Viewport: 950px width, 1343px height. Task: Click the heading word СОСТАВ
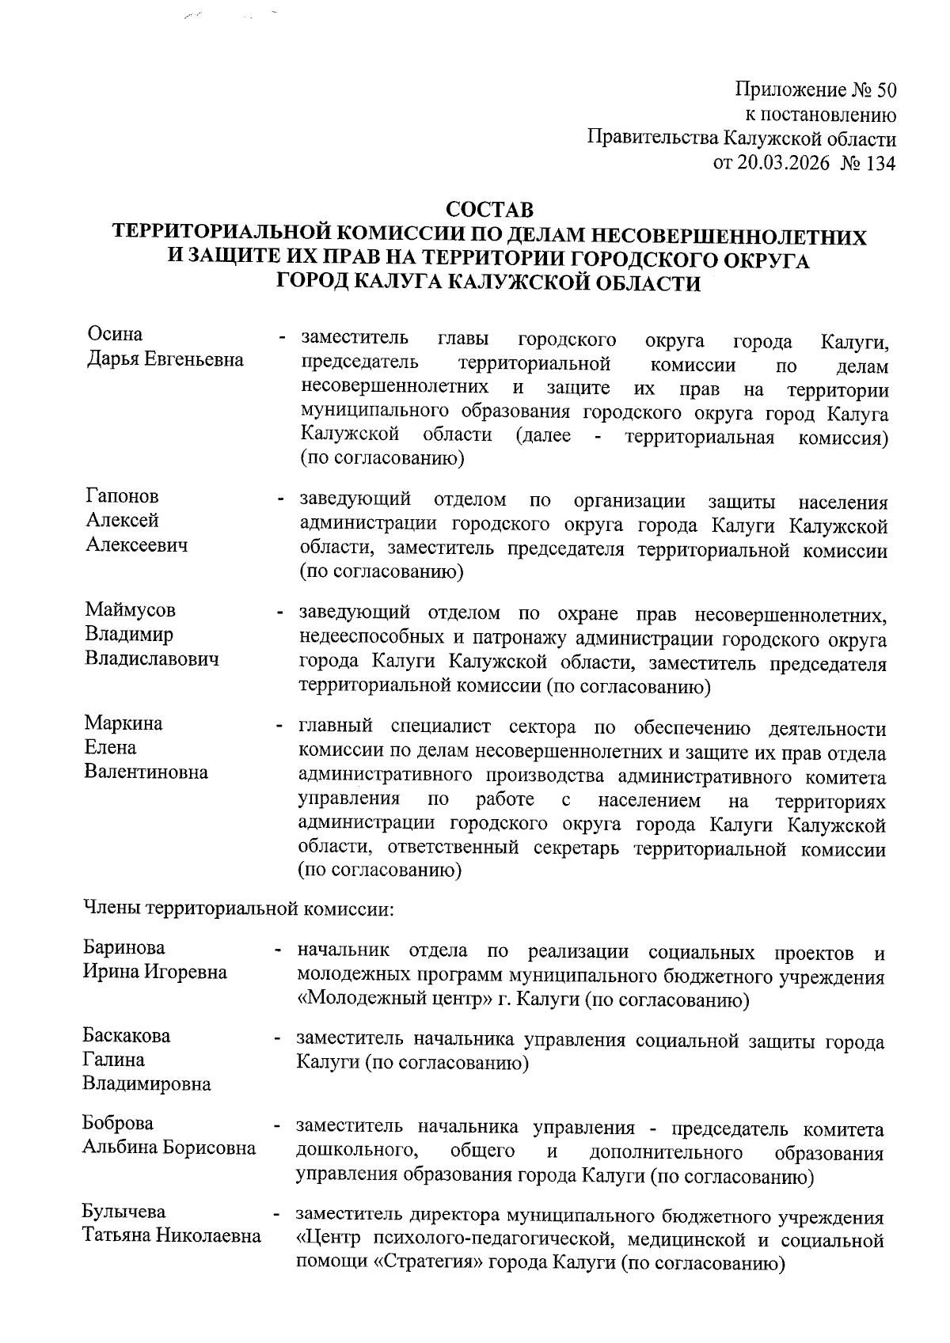point(490,211)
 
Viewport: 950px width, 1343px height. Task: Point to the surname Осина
point(115,335)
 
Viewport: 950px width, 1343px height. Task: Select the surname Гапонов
point(122,496)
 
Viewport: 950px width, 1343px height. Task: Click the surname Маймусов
point(131,609)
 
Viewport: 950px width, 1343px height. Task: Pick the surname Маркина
point(123,723)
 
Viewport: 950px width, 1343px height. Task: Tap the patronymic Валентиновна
point(146,772)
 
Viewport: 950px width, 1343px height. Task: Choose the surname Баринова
point(124,948)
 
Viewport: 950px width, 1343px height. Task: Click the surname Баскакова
point(127,1036)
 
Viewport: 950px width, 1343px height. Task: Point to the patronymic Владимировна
point(147,1084)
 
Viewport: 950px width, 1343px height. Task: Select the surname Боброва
point(118,1124)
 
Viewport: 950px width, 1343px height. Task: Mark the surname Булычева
point(124,1212)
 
